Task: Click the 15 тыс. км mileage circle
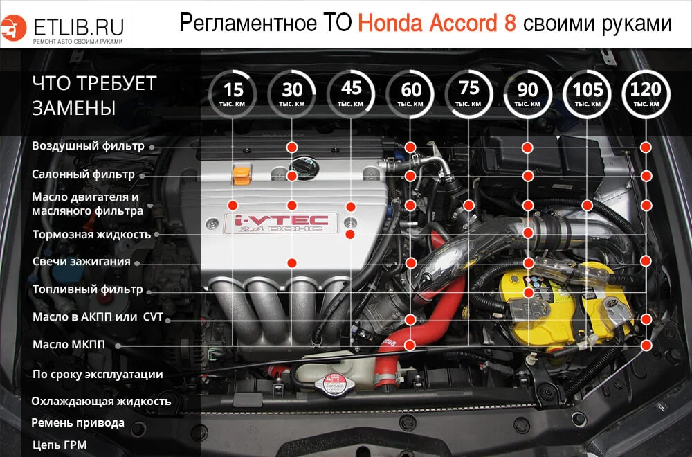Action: point(234,94)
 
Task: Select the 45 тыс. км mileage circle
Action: point(352,94)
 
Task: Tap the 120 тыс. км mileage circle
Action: point(646,94)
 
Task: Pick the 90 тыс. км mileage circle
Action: point(528,94)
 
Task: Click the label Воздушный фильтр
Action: point(88,146)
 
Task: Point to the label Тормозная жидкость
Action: point(91,234)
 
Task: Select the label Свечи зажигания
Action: point(81,262)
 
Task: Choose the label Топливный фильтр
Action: point(87,289)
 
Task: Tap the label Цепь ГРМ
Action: point(60,445)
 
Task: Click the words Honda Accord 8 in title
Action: point(437,24)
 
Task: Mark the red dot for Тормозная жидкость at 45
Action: point(351,234)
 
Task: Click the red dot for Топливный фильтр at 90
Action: point(528,292)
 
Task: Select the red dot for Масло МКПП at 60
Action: point(410,345)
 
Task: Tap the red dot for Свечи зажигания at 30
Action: point(292,262)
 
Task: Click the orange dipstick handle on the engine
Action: point(241,174)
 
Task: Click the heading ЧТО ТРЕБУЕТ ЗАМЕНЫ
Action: point(94,96)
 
